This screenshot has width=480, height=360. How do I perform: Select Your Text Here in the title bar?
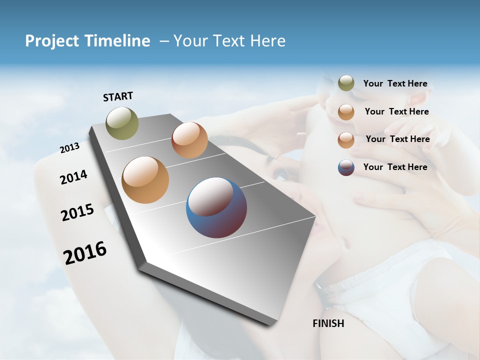tap(229, 41)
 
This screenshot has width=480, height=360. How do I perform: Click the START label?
tap(118, 96)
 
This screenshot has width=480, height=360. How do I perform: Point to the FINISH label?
tap(328, 323)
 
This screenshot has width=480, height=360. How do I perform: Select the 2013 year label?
tap(69, 148)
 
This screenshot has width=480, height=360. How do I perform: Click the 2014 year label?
tap(73, 177)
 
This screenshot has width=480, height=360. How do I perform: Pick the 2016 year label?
tap(85, 253)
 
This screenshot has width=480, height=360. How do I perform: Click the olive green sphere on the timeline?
tap(122, 123)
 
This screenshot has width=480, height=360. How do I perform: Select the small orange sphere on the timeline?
tap(189, 140)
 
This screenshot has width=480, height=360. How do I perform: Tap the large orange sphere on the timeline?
tap(145, 180)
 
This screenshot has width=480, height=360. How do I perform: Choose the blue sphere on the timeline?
tap(216, 207)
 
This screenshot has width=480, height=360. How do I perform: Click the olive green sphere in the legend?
tap(346, 83)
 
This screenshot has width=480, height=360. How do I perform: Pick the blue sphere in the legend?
tap(346, 167)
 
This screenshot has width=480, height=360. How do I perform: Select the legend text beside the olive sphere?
tap(395, 84)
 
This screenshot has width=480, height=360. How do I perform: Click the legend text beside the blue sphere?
tap(395, 167)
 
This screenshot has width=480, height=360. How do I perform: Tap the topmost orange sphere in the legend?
tap(346, 112)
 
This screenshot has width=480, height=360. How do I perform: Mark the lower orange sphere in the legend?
tap(346, 140)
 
